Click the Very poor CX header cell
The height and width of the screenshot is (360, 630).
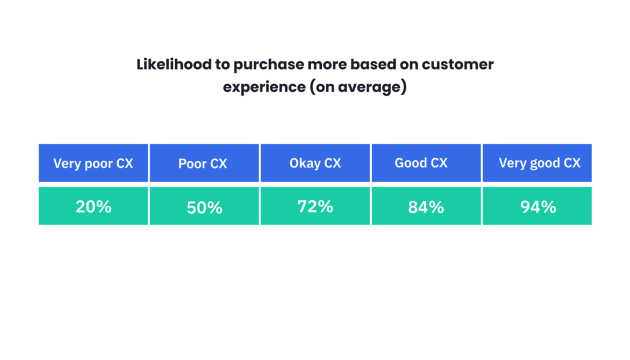pos(93,163)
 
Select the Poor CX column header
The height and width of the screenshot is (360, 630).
pos(204,163)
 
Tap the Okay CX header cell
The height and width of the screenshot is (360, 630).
pos(315,163)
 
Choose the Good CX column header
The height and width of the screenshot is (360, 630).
pos(426,163)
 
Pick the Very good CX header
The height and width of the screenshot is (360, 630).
pos(537,163)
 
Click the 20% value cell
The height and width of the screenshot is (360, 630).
pos(93,206)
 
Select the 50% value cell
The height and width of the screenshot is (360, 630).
pos(204,206)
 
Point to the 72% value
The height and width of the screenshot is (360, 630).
pos(315,206)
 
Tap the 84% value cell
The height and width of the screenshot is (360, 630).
pos(426,206)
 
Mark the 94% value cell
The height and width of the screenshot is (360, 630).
pos(537,206)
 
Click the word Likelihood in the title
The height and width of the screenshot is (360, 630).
pos(174,64)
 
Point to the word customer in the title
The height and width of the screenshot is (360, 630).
pos(458,64)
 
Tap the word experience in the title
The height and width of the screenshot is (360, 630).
pos(264,87)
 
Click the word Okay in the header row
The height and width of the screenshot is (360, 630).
pos(305,163)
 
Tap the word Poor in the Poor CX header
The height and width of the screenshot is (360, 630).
pos(192,163)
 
